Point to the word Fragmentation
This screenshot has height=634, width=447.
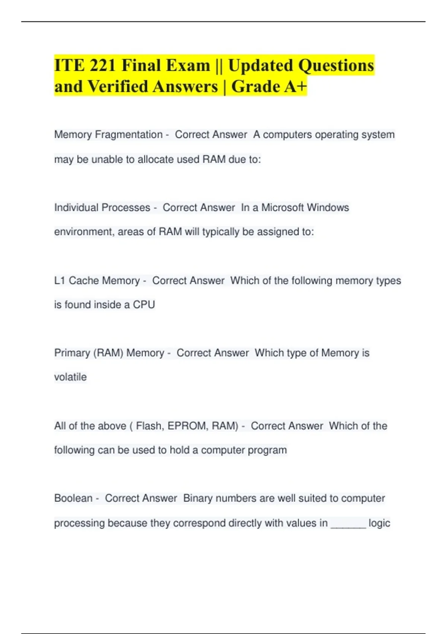coord(129,135)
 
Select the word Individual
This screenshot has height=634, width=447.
coord(76,207)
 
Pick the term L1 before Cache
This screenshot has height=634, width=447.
coord(60,280)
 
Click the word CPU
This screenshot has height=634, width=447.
coord(144,305)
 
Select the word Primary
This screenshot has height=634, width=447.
coord(72,353)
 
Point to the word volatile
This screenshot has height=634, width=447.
coord(70,377)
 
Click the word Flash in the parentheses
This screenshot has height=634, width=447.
coord(149,426)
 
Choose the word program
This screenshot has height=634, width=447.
coord(267,450)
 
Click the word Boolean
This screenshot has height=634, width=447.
coord(73,498)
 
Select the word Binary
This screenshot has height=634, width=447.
coord(198,498)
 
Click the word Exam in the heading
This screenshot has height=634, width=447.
coord(188,66)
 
